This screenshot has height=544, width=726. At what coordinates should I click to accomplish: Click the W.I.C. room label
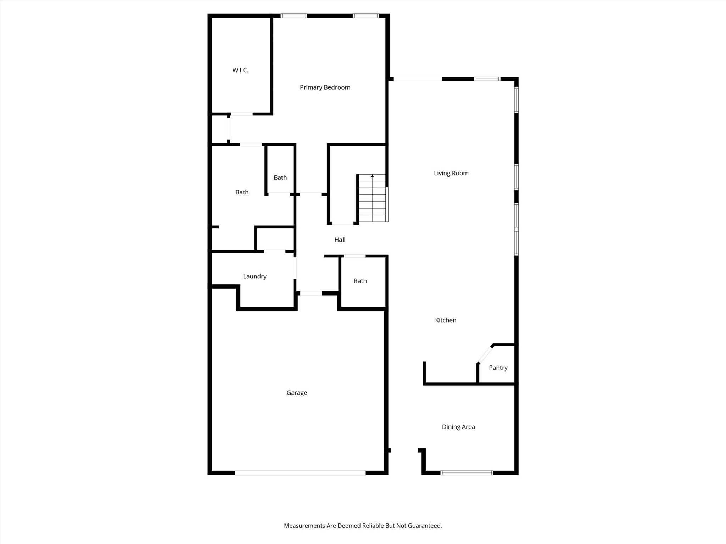click(x=240, y=70)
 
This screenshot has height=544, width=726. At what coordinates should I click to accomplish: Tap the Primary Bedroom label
click(x=325, y=87)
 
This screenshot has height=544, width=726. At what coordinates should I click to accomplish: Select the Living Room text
click(x=451, y=173)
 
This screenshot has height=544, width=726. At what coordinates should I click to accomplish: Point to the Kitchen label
click(x=446, y=320)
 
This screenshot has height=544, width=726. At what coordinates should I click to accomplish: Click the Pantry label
click(x=498, y=368)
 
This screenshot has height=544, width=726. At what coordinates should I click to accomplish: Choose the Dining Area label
click(x=458, y=427)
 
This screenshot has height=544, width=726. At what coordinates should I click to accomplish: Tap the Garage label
click(x=297, y=393)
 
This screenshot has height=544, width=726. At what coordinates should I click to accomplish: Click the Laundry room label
click(x=255, y=276)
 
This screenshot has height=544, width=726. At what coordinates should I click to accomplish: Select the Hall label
click(x=340, y=240)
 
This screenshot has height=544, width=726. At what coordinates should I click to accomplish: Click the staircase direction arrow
click(x=372, y=176)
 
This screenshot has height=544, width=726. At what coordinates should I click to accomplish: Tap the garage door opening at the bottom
click(x=300, y=472)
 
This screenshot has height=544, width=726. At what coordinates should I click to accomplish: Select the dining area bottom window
click(x=467, y=472)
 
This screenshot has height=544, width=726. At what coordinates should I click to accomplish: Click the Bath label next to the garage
click(x=360, y=281)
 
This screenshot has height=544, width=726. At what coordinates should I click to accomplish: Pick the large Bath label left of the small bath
click(x=242, y=192)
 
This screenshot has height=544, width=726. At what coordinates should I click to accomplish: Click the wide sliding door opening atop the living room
click(x=418, y=79)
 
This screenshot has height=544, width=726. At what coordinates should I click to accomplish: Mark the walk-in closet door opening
click(x=242, y=114)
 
